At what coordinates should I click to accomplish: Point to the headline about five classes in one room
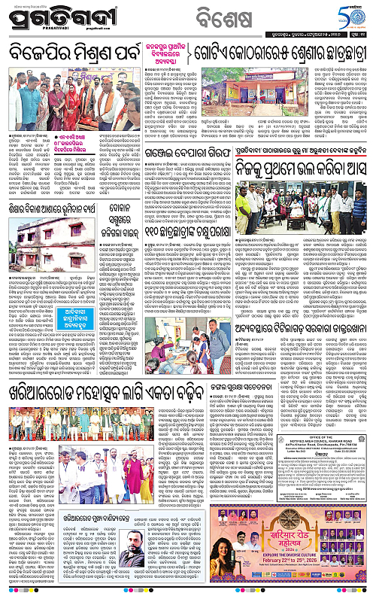278,54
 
